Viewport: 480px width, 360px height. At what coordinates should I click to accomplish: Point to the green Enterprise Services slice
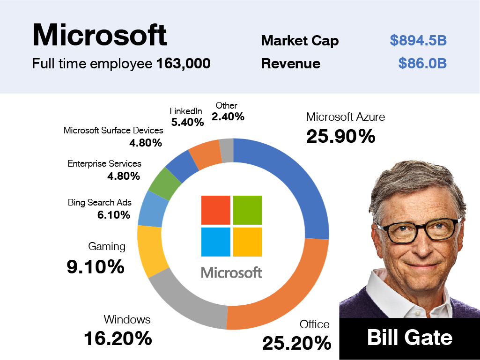click(x=164, y=183)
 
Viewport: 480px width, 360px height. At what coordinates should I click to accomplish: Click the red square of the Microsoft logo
click(x=216, y=210)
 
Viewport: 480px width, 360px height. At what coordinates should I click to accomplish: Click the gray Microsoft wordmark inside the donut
click(x=231, y=272)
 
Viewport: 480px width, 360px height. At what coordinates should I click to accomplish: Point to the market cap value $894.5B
click(x=418, y=41)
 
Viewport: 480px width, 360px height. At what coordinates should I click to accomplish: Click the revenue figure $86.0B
click(x=422, y=63)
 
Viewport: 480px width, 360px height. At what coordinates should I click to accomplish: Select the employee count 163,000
click(x=183, y=64)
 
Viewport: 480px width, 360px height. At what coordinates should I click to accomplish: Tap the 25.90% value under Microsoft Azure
click(x=340, y=136)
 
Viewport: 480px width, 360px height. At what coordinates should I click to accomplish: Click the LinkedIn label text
click(x=186, y=111)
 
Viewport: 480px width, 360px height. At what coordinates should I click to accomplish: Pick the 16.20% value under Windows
click(x=118, y=338)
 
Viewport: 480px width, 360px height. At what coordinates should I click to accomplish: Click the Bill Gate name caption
click(x=409, y=338)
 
